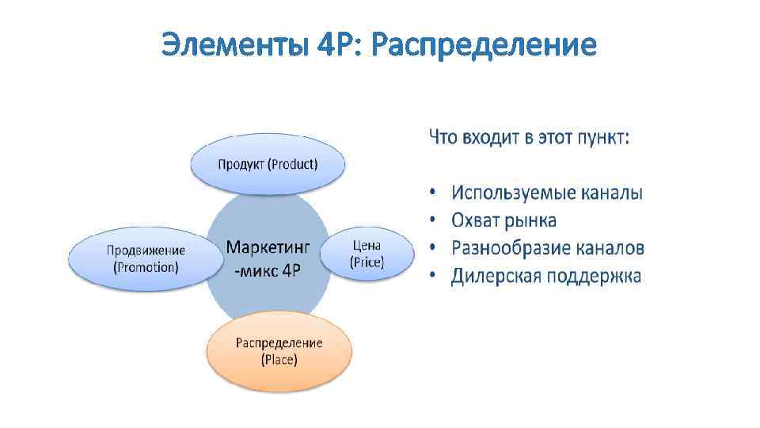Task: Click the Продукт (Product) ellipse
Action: click(268, 165)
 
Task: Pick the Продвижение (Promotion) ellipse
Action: click(146, 258)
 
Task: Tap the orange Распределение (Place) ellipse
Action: click(279, 351)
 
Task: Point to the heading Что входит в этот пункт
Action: click(530, 138)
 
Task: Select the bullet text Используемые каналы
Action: click(547, 193)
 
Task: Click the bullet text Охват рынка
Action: click(503, 220)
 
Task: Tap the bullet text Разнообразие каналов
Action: click(548, 248)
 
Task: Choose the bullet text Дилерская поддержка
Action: click(546, 276)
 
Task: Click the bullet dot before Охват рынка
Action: click(433, 221)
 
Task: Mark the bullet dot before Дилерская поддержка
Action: click(433, 277)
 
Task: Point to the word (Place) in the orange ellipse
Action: click(279, 360)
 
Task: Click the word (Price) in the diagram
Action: click(367, 262)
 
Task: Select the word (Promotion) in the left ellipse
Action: click(146, 267)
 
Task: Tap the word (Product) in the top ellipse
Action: click(292, 165)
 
